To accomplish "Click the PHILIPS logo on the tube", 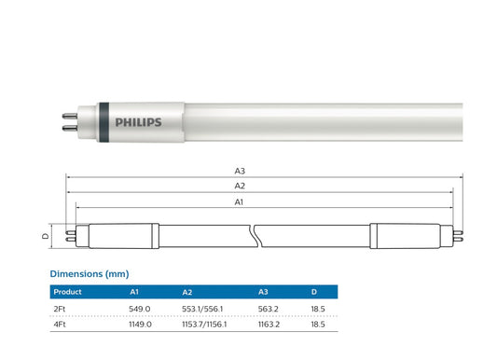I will click(138, 121).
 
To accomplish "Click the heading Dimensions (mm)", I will click(89, 274).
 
